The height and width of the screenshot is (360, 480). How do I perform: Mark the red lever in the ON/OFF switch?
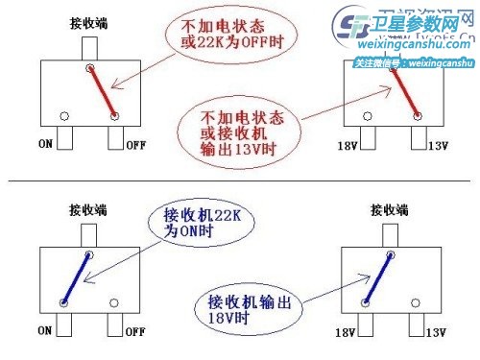[x=103, y=91]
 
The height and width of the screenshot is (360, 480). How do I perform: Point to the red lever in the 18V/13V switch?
[x=407, y=92]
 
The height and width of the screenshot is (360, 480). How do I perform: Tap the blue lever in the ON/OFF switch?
[x=77, y=278]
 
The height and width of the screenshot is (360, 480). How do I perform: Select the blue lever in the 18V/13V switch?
[x=379, y=279]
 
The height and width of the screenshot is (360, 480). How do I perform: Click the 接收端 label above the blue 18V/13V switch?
[x=390, y=207]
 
